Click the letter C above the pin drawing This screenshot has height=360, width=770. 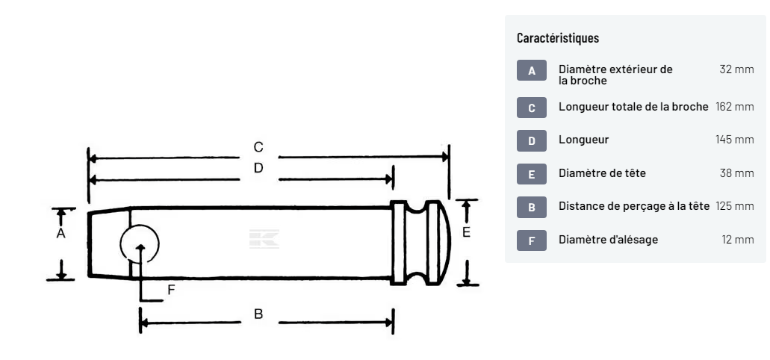pos(258,147)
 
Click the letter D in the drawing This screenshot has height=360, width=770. pos(258,168)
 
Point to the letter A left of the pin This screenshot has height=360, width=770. pos(61,234)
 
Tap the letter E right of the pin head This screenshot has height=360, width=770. pos(467,233)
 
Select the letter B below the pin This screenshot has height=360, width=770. pos(258,314)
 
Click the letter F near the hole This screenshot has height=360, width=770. pos(171,291)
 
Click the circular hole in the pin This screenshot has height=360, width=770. pos(140,243)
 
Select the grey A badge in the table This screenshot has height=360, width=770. pos(532,71)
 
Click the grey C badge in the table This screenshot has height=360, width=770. pos(532,108)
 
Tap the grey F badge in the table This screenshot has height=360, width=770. pos(532,240)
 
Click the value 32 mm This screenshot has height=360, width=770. pos(736,69)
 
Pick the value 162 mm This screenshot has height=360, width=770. pos(735,107)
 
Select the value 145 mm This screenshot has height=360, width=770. pos(735,140)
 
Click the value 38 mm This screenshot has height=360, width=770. pos(736,173)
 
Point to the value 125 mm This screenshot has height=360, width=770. pos(735,207)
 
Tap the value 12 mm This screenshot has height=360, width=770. pos(738,240)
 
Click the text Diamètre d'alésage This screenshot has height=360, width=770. pos(609,240)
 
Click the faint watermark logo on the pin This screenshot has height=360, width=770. pos(264,238)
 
